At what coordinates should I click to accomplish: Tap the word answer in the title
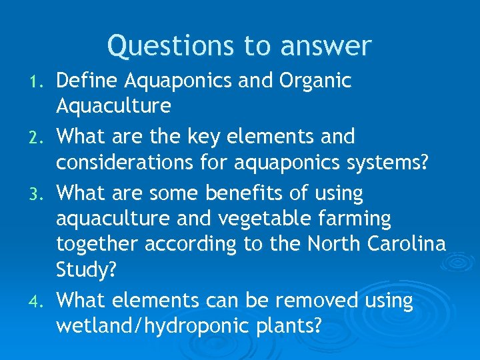327,47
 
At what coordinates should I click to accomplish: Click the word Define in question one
87,81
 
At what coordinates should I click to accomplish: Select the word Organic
315,82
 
